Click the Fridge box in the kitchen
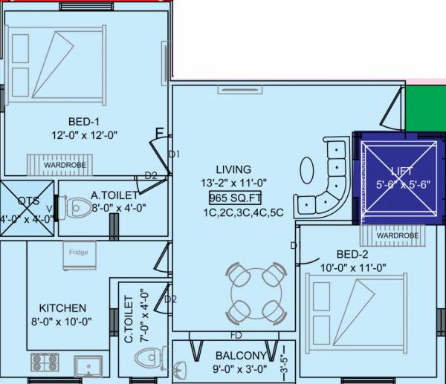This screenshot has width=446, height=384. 78,253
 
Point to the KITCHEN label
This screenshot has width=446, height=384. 63,307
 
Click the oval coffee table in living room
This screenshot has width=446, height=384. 307,170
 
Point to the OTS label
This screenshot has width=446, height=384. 28,201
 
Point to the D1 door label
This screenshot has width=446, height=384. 175,154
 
